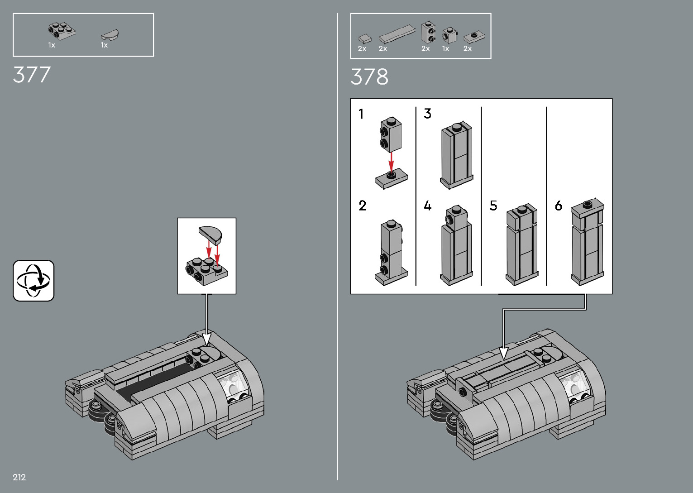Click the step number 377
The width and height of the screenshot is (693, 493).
(x=32, y=75)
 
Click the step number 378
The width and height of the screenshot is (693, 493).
(x=369, y=77)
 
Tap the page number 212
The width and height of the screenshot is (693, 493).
(x=19, y=477)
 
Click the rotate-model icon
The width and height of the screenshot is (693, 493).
(x=33, y=281)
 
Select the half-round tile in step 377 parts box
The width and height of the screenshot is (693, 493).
(x=110, y=35)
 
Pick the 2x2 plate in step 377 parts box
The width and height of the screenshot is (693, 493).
(x=62, y=31)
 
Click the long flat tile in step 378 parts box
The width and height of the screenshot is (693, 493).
(x=397, y=34)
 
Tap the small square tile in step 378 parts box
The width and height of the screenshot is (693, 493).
(x=365, y=38)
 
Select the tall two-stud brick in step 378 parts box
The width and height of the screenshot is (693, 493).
(x=429, y=32)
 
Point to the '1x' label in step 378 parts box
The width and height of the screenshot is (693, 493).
(x=445, y=48)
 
